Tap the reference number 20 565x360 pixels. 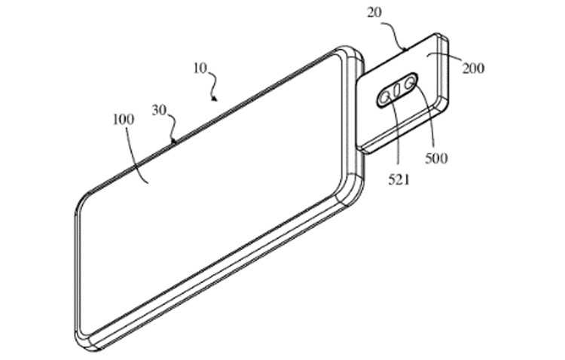(x=375, y=14)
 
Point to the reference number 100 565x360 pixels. (x=123, y=120)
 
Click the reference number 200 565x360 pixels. (x=473, y=69)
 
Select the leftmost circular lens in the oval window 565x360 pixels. (x=385, y=96)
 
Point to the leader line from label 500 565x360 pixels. (x=427, y=121)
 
